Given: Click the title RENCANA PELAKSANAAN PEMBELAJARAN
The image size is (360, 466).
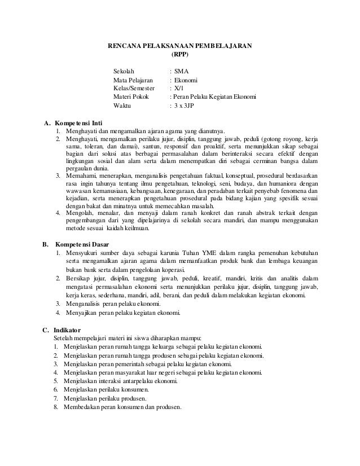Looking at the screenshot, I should click(x=180, y=46).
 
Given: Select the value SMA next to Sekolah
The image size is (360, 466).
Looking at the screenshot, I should click(x=182, y=72).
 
